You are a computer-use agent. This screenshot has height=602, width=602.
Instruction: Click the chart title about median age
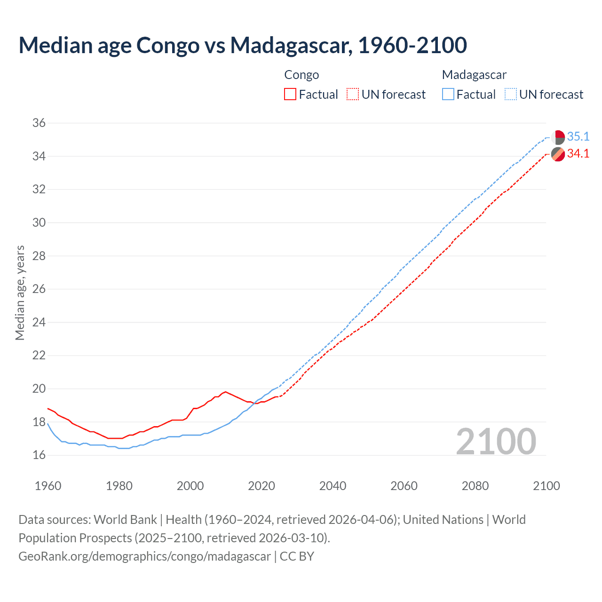pyautogui.click(x=243, y=45)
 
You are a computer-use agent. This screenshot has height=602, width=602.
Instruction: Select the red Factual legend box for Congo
pyautogui.click(x=290, y=95)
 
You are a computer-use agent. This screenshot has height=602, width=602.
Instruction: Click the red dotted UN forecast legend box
pyautogui.click(x=353, y=95)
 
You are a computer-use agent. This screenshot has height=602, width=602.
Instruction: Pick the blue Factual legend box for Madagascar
pyautogui.click(x=448, y=95)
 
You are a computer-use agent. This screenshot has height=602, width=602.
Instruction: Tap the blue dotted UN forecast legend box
pyautogui.click(x=511, y=95)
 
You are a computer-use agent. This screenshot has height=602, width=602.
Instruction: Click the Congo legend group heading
pyautogui.click(x=301, y=75)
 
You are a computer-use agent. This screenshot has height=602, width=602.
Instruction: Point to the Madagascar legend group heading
pyautogui.click(x=474, y=75)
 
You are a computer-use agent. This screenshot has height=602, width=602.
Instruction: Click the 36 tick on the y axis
pyautogui.click(x=39, y=123)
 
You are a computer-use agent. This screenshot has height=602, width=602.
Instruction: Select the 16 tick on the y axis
pyautogui.click(x=39, y=455)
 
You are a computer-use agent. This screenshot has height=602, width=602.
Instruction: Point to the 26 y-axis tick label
pyautogui.click(x=39, y=289)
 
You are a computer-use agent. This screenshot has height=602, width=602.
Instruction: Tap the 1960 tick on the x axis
pyautogui.click(x=48, y=486)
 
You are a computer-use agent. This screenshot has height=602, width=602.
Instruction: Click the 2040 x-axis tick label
pyautogui.click(x=333, y=486)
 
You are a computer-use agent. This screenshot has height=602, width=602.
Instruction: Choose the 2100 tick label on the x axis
pyautogui.click(x=546, y=486)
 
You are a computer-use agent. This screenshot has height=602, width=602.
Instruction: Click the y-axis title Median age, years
pyautogui.click(x=20, y=293)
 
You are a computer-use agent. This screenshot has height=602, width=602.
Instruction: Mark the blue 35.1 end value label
pyautogui.click(x=578, y=137)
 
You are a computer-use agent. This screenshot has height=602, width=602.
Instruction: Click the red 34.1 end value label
pyautogui.click(x=578, y=154)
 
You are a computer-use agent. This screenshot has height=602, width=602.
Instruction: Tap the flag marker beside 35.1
pyautogui.click(x=558, y=137)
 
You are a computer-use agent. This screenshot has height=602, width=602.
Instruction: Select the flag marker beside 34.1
pyautogui.click(x=558, y=154)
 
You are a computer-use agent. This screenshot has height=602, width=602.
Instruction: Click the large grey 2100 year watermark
pyautogui.click(x=496, y=441)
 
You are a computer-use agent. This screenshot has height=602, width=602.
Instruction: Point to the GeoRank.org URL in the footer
pyautogui.click(x=144, y=556)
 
